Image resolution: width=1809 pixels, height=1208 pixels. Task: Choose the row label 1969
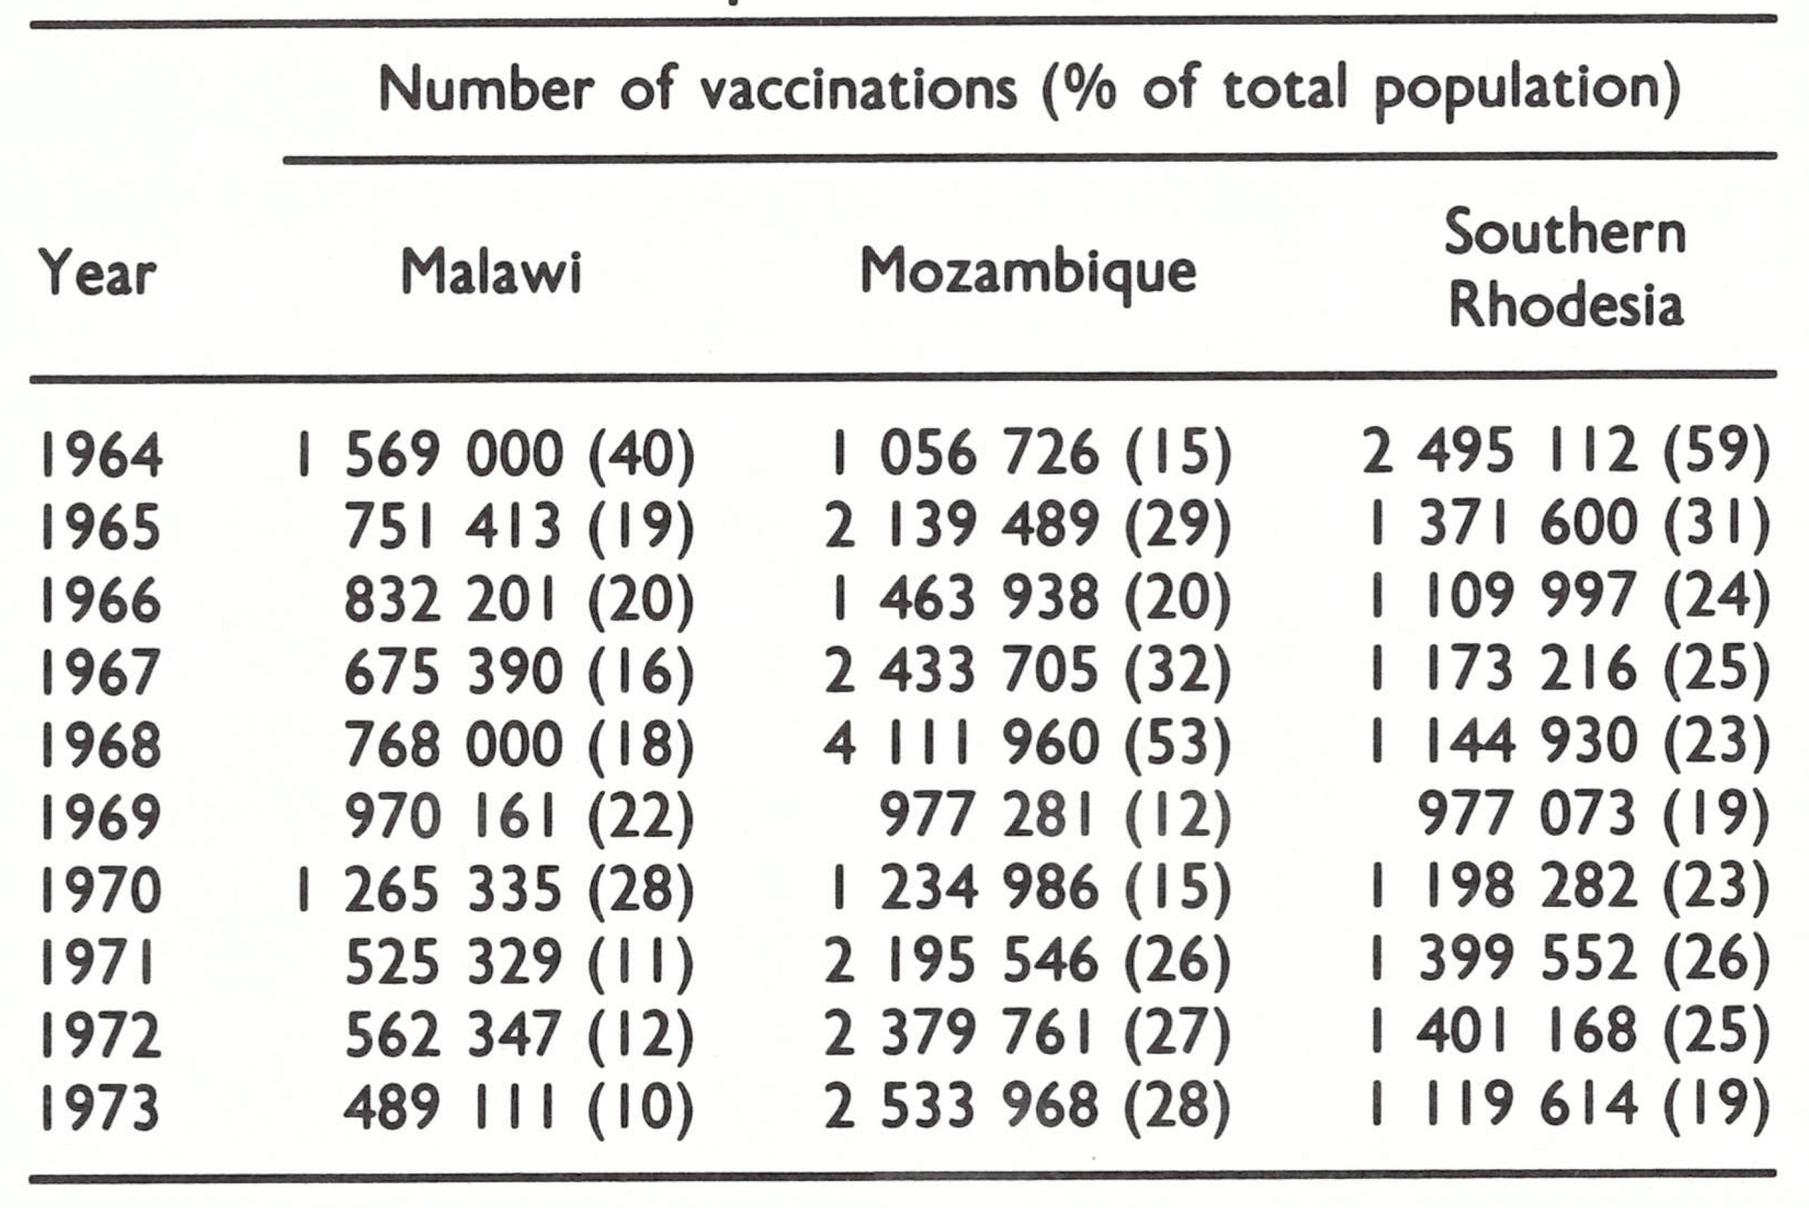pos(101,817)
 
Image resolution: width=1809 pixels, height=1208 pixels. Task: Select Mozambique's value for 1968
pos(1026,744)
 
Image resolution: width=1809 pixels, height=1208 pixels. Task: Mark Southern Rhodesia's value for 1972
pos(1569,1035)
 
